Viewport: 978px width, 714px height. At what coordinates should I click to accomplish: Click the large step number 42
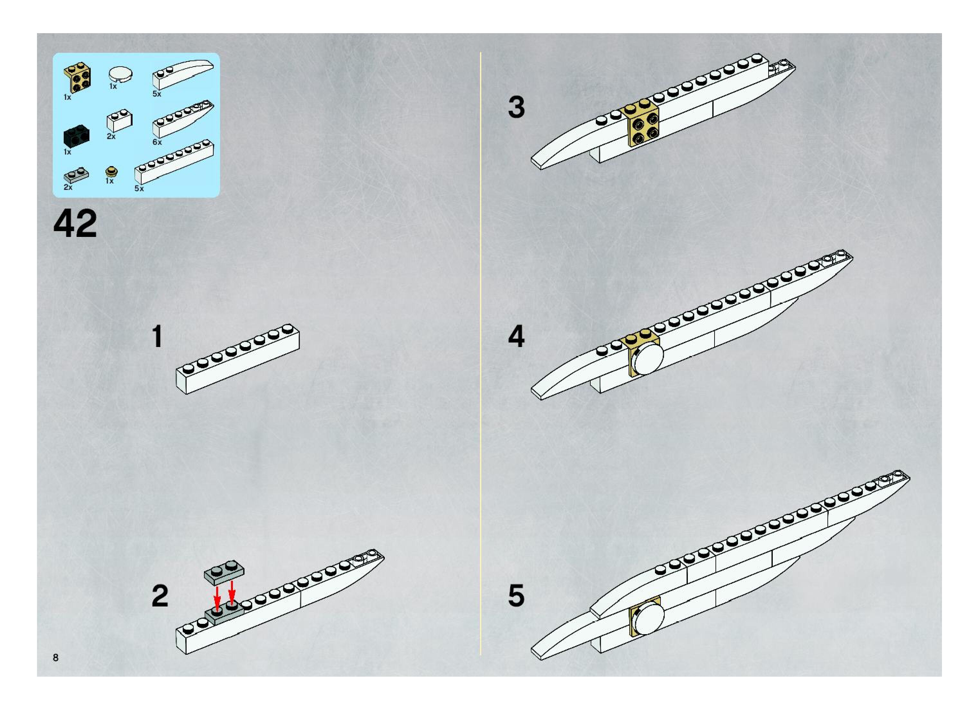75,223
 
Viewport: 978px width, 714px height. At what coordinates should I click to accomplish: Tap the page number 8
56,657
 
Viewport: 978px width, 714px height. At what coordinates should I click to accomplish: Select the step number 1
157,337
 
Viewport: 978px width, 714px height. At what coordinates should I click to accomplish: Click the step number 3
516,107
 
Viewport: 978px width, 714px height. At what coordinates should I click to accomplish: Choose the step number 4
516,337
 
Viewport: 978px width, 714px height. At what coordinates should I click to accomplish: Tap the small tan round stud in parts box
111,172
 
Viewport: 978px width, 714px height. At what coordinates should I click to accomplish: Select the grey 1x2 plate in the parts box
76,175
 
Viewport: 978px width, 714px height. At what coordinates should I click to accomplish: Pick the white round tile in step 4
647,358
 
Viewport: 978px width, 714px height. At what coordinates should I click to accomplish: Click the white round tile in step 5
647,619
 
